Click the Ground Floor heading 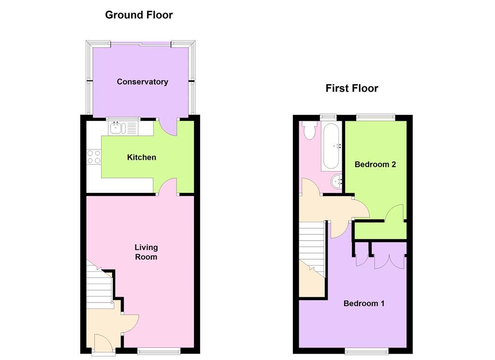point(139,15)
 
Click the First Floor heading point(351,88)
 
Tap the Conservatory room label point(142,82)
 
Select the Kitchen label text point(141,158)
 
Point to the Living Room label point(146,252)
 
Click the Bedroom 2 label point(375,164)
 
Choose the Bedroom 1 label point(364,303)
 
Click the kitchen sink point(118,128)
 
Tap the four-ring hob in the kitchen point(94,157)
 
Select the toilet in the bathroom point(308,130)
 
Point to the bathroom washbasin point(336,182)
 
